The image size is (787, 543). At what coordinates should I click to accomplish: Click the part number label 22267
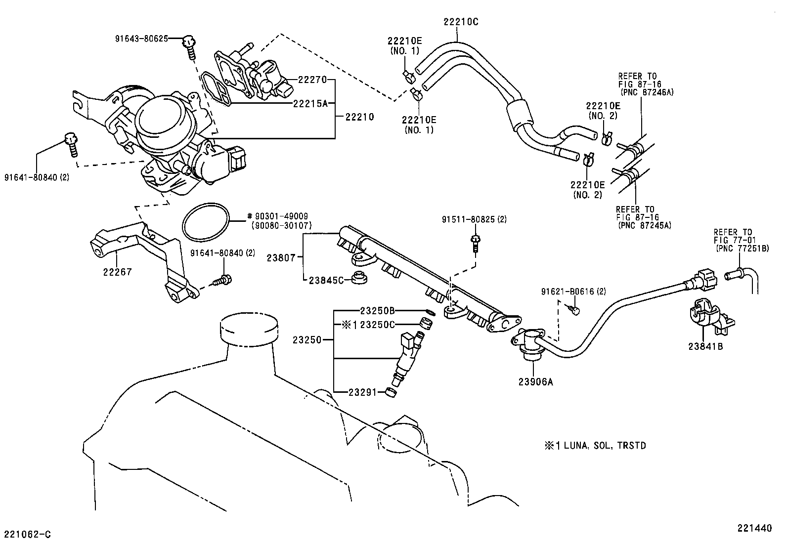click(x=117, y=271)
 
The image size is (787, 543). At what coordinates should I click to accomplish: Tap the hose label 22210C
click(x=460, y=22)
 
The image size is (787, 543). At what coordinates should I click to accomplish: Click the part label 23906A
click(x=535, y=381)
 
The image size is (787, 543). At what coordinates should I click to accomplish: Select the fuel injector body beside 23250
click(x=407, y=360)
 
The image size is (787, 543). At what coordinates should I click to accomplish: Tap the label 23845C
click(x=326, y=280)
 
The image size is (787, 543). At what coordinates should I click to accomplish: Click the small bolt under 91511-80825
click(x=475, y=244)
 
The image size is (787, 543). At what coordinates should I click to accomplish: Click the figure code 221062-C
click(x=27, y=534)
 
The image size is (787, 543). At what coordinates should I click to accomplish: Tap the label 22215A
click(x=310, y=103)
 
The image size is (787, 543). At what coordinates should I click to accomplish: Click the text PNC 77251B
click(x=742, y=248)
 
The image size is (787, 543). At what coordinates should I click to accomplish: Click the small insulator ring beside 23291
click(x=391, y=393)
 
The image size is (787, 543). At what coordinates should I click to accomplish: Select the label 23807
click(x=281, y=257)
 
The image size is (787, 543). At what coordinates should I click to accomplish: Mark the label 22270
click(x=312, y=79)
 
